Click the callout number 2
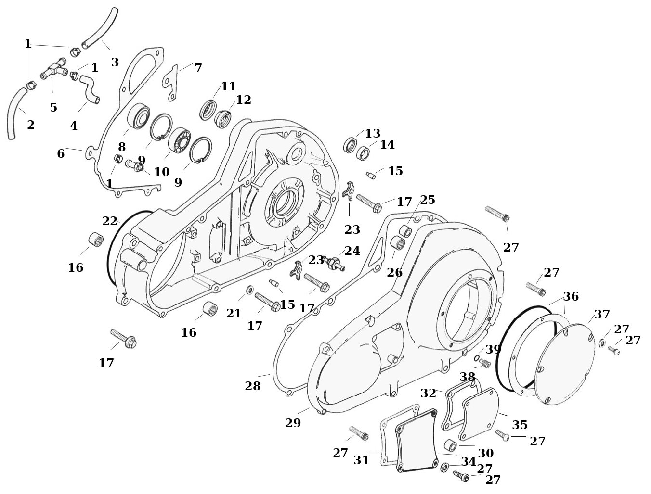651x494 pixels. (30, 125)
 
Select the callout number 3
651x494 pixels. (115, 62)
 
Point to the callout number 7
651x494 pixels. (198, 68)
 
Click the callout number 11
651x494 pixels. (228, 87)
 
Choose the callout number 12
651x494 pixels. (244, 100)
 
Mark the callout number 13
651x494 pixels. (373, 134)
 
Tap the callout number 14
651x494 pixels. (387, 144)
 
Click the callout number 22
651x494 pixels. (110, 221)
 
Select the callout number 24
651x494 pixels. (352, 251)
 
